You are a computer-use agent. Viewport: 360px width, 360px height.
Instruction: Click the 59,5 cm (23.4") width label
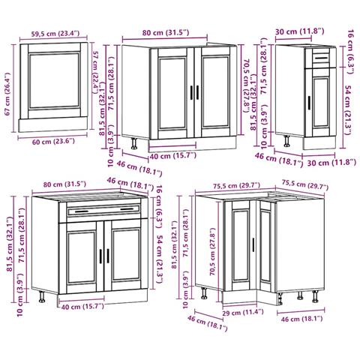(x=55, y=34)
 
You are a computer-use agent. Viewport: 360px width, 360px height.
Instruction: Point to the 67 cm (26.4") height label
(x=8, y=94)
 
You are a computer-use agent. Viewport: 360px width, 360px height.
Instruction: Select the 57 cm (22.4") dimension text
(x=96, y=73)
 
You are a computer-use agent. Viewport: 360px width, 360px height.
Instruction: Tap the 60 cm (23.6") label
(x=53, y=142)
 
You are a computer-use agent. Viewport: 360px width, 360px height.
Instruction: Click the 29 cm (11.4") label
(x=243, y=313)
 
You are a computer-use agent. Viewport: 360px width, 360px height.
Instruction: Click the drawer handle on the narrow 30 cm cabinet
(x=321, y=58)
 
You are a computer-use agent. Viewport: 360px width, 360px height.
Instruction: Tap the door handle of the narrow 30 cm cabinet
(x=309, y=103)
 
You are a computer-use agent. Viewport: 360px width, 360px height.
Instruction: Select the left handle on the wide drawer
(x=82, y=211)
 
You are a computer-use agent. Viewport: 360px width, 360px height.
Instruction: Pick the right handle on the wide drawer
(x=127, y=209)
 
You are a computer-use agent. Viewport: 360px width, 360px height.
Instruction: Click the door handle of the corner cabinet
(x=253, y=244)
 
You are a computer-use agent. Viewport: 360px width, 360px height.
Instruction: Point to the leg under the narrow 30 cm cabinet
(x=287, y=141)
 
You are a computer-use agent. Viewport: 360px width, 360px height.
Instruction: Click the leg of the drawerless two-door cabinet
(x=134, y=143)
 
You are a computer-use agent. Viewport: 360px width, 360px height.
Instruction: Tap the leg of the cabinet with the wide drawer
(x=42, y=297)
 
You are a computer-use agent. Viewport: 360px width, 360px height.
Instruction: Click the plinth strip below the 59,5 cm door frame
(x=53, y=124)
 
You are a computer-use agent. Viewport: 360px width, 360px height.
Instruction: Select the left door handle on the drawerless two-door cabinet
(x=192, y=93)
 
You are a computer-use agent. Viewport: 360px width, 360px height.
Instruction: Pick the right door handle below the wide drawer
(x=108, y=256)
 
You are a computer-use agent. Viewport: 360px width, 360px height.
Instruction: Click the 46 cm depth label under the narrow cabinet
(x=279, y=160)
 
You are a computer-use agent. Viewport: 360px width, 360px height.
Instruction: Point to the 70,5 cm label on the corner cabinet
(x=212, y=251)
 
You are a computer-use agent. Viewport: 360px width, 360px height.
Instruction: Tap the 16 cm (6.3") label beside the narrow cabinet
(x=351, y=52)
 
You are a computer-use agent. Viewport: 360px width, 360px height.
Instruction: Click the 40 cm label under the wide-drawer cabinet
(x=82, y=306)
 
